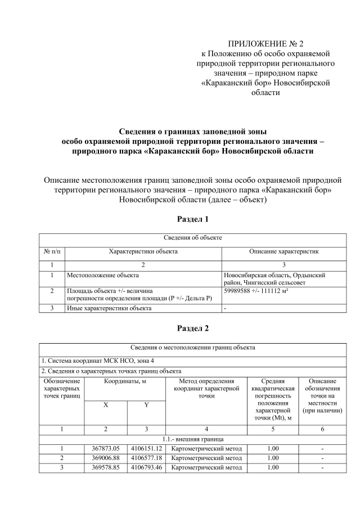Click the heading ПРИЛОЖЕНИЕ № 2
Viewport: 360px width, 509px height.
265,44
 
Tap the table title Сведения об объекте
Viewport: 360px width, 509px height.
192,238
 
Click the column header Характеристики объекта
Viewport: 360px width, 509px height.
143,251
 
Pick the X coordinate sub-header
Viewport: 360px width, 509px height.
106,406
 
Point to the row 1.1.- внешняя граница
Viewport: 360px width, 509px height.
192,439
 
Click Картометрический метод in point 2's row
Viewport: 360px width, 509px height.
206,458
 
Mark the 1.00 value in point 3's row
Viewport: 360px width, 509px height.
273,467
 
